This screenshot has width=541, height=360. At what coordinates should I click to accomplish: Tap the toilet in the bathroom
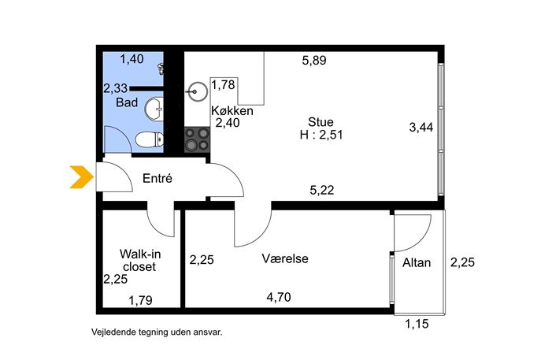[x=150, y=139]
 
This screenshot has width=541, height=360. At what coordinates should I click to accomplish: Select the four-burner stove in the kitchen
[x=197, y=139]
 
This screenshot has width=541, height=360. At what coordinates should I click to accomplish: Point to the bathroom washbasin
[x=154, y=109]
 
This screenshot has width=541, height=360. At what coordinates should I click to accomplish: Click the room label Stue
[x=321, y=122]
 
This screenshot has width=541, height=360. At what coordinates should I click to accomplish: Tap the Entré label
[x=157, y=178]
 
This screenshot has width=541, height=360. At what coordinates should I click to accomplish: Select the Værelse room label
[x=285, y=258]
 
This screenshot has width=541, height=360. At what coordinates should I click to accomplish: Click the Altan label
[x=417, y=262]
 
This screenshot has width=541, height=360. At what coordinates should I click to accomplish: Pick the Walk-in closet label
[x=139, y=260]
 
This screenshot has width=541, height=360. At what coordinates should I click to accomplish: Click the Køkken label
[x=232, y=111]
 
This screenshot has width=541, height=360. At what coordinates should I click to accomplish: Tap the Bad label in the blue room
[x=127, y=102]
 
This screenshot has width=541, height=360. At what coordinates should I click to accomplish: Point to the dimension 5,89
[x=314, y=61]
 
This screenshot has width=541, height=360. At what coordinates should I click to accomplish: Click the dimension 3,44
[x=421, y=128]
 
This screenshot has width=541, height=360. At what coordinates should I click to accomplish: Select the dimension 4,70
[x=279, y=297]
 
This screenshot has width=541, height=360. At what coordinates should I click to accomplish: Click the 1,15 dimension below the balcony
[x=417, y=324]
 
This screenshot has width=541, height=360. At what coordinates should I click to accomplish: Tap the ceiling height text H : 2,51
[x=321, y=134]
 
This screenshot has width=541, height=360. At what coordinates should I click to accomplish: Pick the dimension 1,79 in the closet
[x=140, y=300]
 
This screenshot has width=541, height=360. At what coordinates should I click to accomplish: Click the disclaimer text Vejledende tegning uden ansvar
[x=157, y=332]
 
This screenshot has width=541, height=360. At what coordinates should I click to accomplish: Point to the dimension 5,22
[x=321, y=190]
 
